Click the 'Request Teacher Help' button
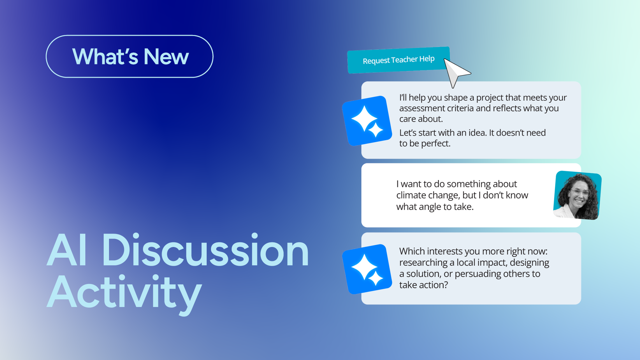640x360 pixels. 398,60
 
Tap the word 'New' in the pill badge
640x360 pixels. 166,57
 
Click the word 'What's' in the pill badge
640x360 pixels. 105,57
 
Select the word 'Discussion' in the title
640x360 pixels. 205,251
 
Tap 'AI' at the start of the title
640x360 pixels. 67,251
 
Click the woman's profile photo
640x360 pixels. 577,195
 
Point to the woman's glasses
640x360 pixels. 581,192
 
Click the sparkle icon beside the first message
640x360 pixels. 367,121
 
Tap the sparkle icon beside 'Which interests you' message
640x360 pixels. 367,269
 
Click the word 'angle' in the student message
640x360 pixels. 430,207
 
